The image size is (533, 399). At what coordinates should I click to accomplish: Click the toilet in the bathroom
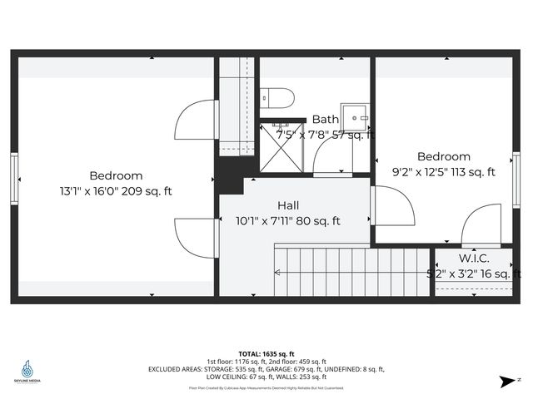(x=274, y=99)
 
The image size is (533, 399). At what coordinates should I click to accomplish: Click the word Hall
(x=289, y=205)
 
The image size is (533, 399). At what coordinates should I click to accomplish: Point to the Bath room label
(x=326, y=120)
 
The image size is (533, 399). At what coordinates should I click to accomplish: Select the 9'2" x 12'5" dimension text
(x=443, y=172)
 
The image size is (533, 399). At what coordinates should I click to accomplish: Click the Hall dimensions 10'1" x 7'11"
(x=288, y=221)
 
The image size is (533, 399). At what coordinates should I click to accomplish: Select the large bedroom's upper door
(x=196, y=121)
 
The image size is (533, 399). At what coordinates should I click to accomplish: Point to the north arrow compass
(x=506, y=382)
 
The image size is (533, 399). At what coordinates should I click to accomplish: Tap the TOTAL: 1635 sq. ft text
(x=266, y=353)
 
